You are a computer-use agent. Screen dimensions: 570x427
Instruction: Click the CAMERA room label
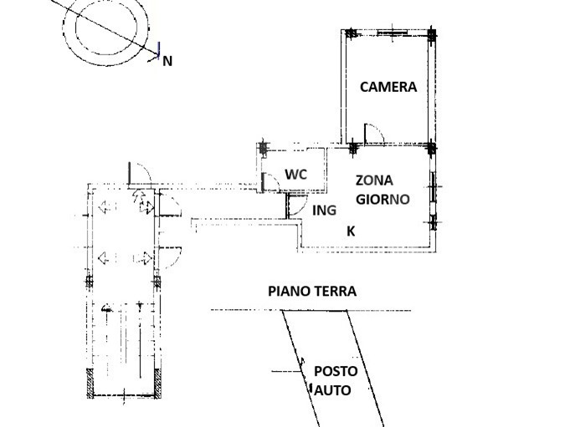point(388,87)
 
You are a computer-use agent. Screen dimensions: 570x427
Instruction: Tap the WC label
point(296,175)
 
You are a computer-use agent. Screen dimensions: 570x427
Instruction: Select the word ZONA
point(374,180)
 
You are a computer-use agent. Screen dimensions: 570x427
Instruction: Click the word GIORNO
point(383,200)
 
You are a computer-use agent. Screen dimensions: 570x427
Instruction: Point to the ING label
point(324,211)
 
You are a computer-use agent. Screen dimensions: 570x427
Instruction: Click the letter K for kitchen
point(351,231)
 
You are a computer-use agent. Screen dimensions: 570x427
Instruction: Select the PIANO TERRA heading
point(312,292)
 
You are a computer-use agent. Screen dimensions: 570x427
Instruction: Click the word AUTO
point(332,390)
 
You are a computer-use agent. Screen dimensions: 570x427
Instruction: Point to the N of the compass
point(167,61)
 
